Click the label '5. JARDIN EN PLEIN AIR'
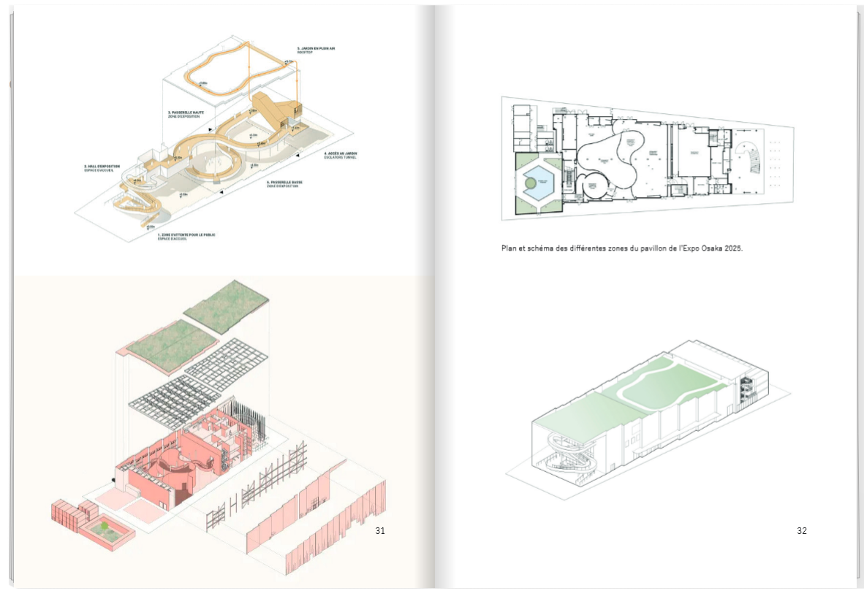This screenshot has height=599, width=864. [x=316, y=48]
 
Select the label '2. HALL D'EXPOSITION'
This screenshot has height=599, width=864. [x=102, y=167]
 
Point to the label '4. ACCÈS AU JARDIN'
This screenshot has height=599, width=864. [x=341, y=153]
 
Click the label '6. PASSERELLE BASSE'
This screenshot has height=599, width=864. [x=283, y=182]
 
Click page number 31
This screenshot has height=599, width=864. [x=379, y=531]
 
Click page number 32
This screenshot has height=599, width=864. [x=802, y=531]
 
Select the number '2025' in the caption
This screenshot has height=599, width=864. [x=730, y=248]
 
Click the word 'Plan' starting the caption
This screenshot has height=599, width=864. [x=509, y=248]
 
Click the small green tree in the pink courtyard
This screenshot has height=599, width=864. [x=105, y=525]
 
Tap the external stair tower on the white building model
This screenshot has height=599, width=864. [x=746, y=394]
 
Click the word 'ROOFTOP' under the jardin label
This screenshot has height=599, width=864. [x=304, y=53]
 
